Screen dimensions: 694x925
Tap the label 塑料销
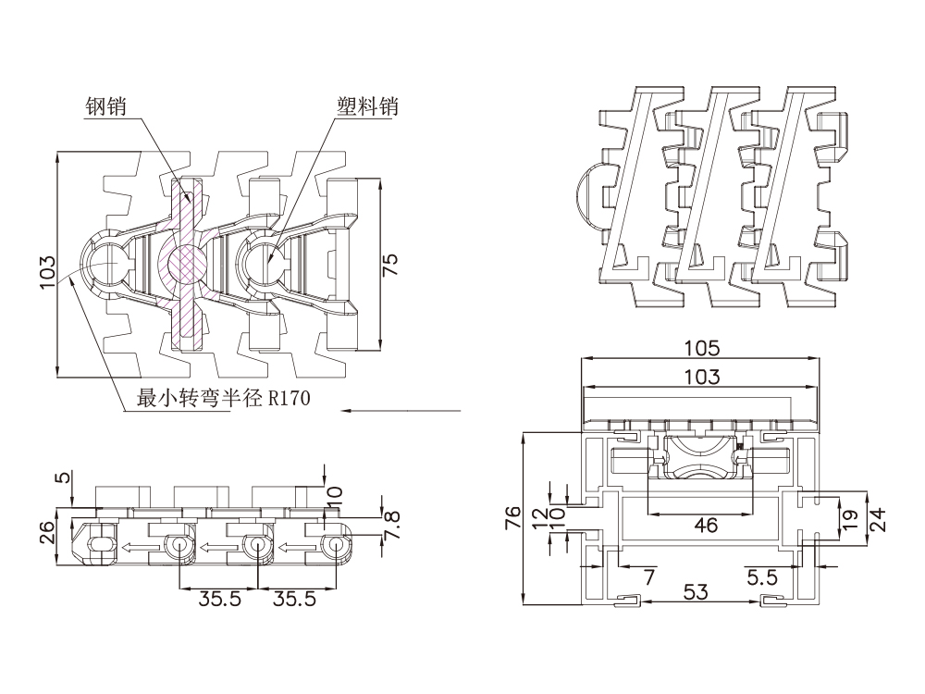pyautogui.click(x=367, y=107)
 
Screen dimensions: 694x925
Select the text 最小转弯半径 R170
pyautogui.click(x=223, y=399)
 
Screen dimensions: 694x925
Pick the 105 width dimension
pyautogui.click(x=701, y=348)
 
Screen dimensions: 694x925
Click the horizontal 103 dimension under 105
pyautogui.click(x=701, y=376)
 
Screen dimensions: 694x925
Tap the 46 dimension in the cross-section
pyautogui.click(x=706, y=526)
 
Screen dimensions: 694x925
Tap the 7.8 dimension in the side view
pyautogui.click(x=393, y=526)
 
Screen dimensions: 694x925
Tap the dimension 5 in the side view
pyautogui.click(x=62, y=478)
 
